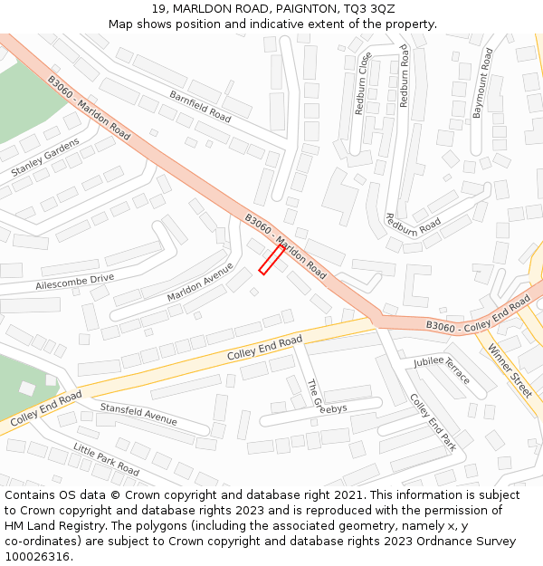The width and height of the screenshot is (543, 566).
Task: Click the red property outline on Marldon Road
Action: tap(271, 259)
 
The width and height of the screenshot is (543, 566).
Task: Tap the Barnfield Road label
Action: tap(200, 107)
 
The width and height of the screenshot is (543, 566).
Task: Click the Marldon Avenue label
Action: tap(200, 283)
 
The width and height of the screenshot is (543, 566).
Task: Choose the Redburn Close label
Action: tap(363, 83)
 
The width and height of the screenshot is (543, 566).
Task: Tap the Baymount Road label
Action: tap(483, 83)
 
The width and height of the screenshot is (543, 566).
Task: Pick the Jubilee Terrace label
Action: tap(443, 369)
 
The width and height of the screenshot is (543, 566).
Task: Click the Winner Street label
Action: tap(510, 370)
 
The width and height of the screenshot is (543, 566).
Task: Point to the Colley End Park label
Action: tap(432, 422)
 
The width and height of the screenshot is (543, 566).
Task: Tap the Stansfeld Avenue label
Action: tap(138, 414)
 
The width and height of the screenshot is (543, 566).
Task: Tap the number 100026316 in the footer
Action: tap(38, 556)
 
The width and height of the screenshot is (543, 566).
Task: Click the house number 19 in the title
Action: tap(159, 9)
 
